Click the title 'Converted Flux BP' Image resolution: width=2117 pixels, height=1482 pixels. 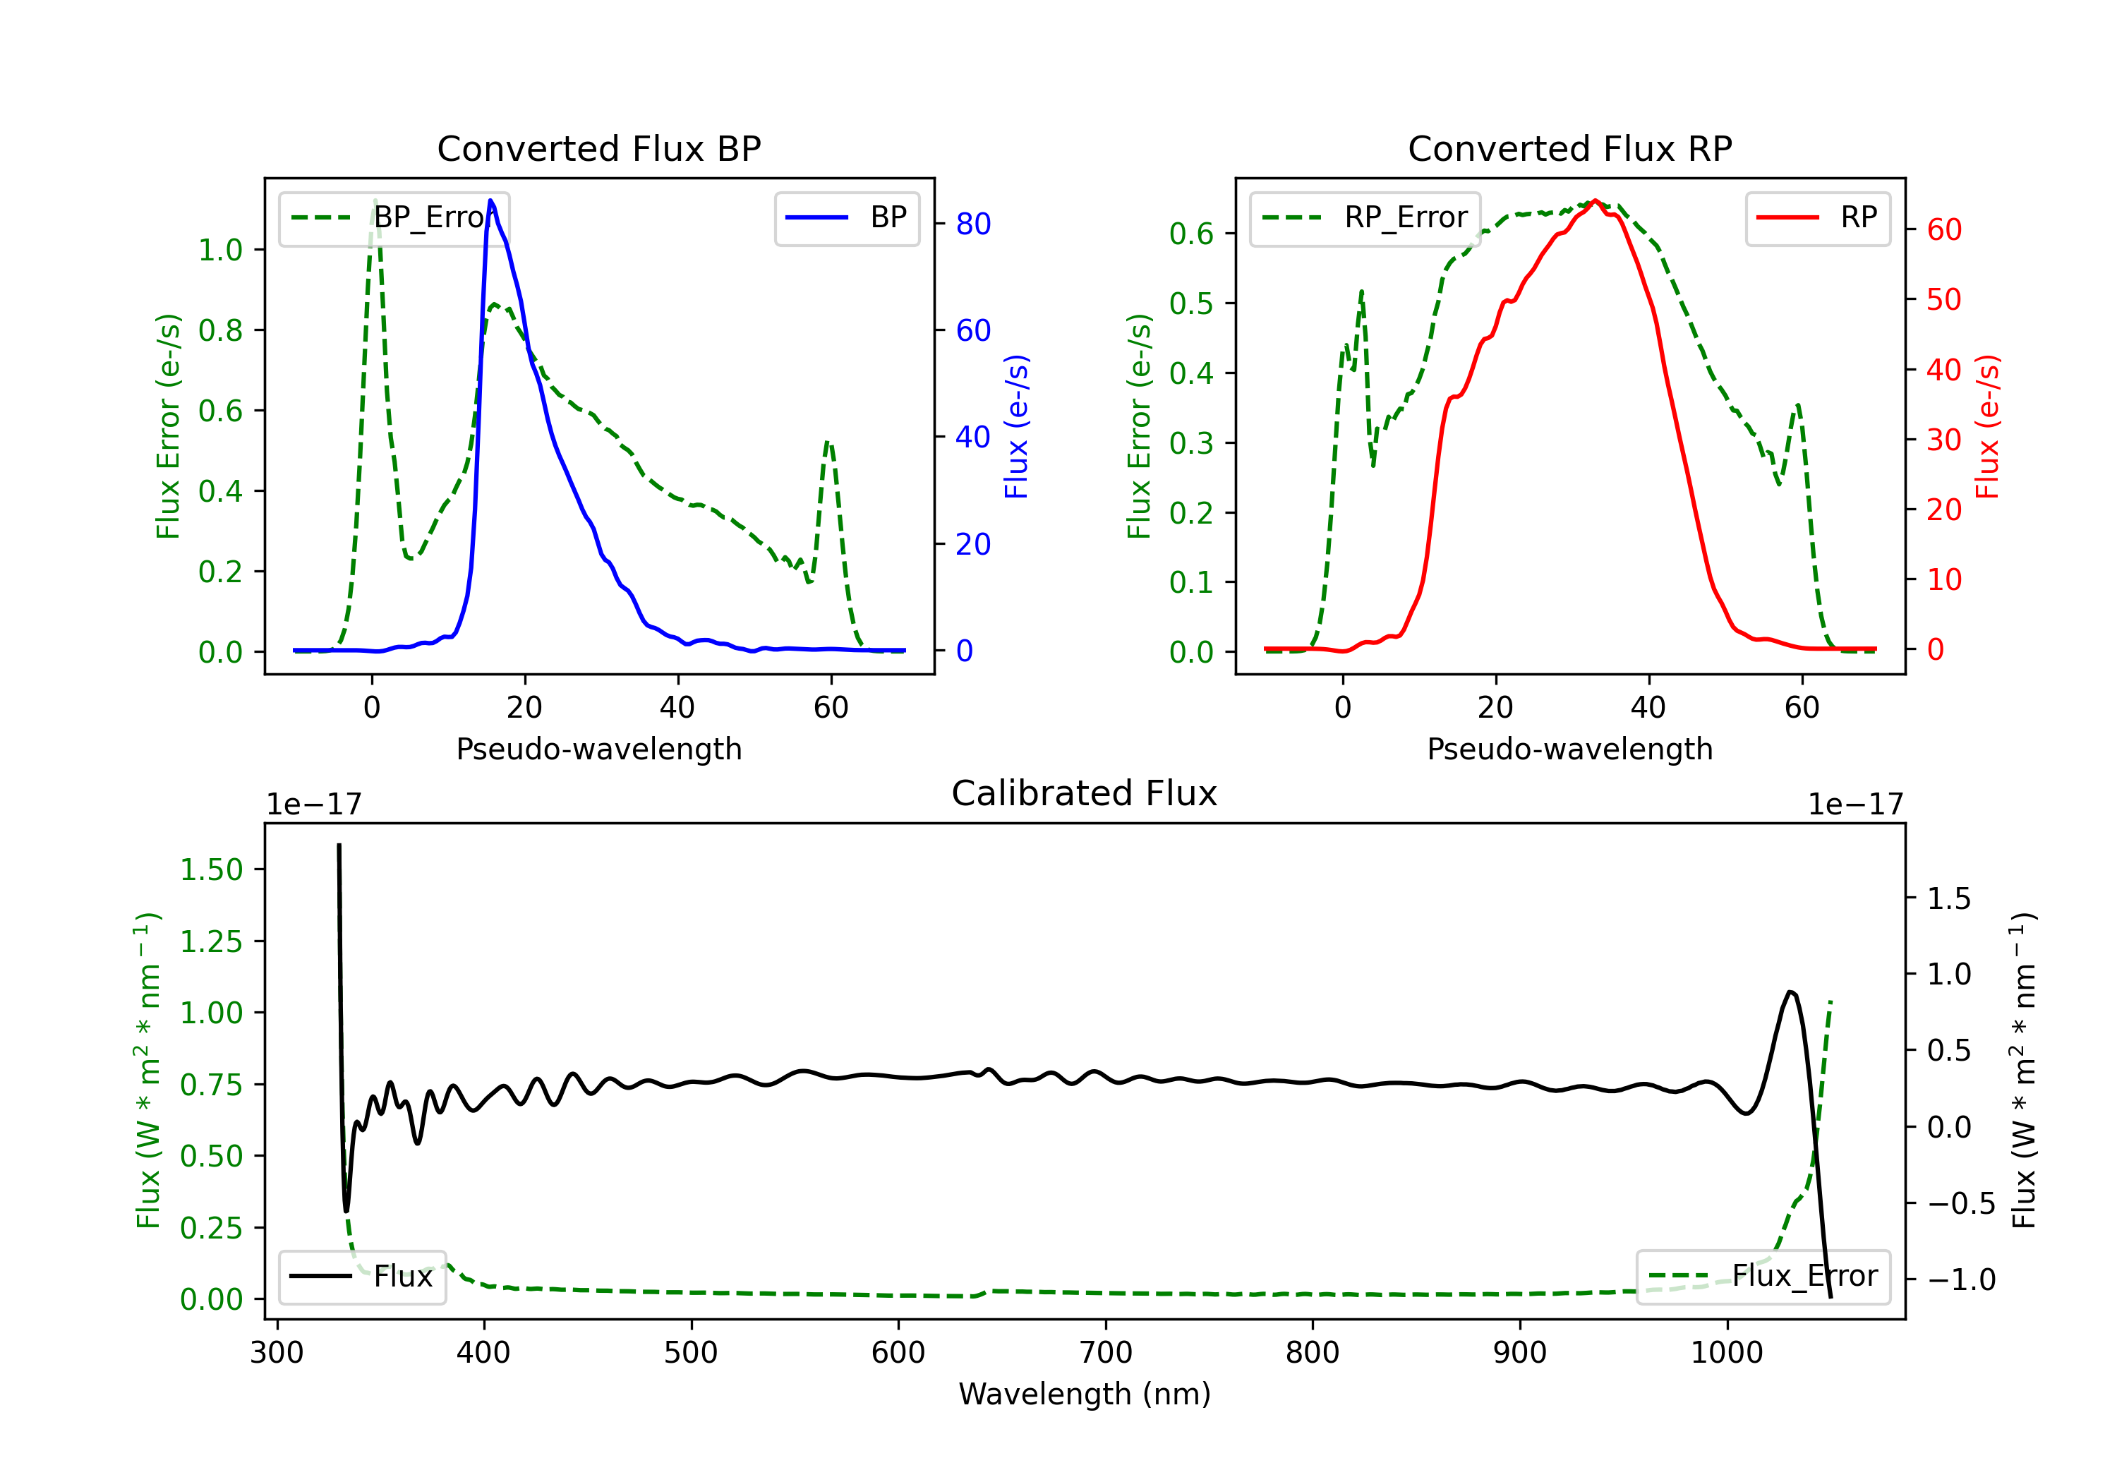[x=598, y=148]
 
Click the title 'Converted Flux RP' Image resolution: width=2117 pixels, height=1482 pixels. [x=1569, y=148]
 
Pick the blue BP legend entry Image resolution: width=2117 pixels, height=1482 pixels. [x=846, y=217]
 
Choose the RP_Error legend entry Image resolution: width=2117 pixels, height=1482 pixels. [x=1365, y=217]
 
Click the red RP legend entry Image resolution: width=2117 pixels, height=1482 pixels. [x=1817, y=217]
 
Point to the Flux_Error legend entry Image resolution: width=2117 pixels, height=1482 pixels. [x=1763, y=1277]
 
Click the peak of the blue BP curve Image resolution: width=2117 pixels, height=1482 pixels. [x=490, y=200]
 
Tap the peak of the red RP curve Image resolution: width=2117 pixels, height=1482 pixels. [x=1595, y=201]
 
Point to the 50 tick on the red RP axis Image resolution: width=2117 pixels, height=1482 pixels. [x=1943, y=300]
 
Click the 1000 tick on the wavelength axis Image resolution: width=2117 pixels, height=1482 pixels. [x=1726, y=1353]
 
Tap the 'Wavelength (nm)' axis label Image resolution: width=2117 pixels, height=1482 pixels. [x=1085, y=1394]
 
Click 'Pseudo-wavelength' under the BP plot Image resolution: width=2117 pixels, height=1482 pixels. [x=598, y=749]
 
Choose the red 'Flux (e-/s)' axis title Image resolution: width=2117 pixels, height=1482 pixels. [x=1987, y=427]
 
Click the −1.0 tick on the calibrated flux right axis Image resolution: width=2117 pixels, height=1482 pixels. [x=1960, y=1280]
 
